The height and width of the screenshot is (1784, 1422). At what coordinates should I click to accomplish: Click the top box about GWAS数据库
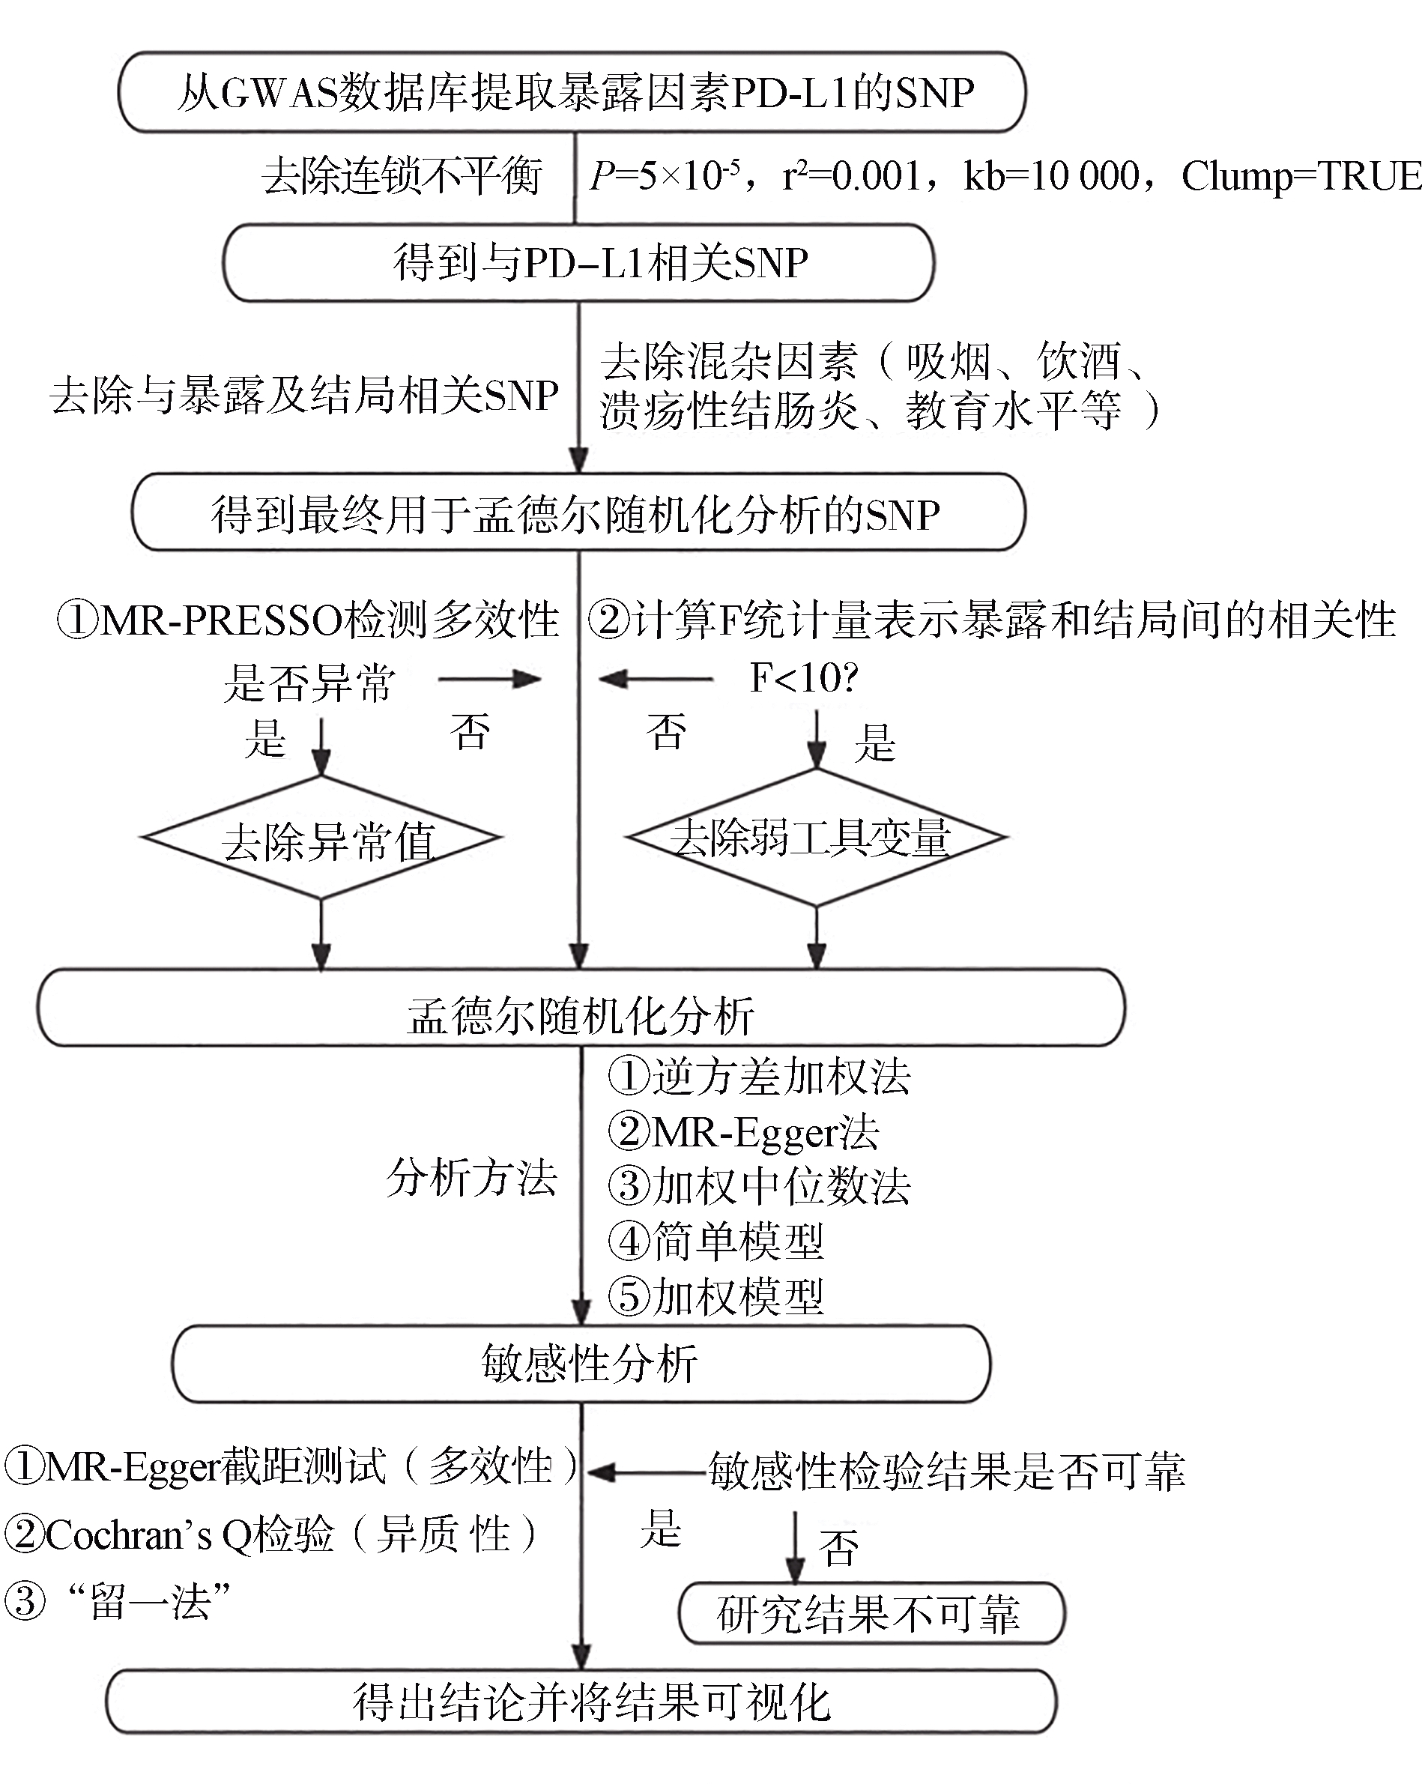[x=572, y=92]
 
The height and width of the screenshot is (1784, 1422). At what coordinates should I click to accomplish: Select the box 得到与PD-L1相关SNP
[x=579, y=263]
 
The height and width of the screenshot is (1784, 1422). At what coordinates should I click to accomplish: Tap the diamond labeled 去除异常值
[x=322, y=838]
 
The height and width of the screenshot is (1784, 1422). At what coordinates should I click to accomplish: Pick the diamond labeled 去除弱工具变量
[x=817, y=838]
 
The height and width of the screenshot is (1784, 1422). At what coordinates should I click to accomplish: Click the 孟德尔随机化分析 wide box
[x=581, y=1008]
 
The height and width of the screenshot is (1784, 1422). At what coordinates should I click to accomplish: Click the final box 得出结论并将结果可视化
[x=581, y=1702]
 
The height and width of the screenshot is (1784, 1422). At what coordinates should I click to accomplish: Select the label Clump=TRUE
[x=1301, y=176]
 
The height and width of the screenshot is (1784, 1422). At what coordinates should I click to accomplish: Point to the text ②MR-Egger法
[x=744, y=1131]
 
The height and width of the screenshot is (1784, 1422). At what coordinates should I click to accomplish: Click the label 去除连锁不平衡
[x=402, y=176]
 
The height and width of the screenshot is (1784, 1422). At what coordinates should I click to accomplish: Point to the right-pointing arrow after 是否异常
[x=489, y=680]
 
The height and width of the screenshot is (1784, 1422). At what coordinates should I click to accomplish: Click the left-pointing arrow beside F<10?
[x=655, y=680]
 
